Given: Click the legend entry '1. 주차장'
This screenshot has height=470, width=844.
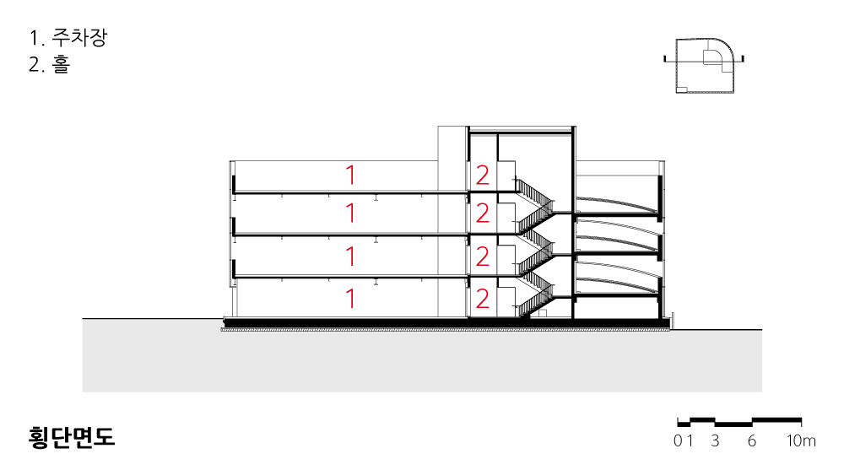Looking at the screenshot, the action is pos(68,38).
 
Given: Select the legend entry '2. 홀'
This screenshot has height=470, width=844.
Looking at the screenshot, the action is pos(50,65).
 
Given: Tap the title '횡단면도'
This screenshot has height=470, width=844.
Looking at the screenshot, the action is pos(72,437).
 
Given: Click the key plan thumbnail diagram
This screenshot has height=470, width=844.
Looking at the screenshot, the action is pos(704,65).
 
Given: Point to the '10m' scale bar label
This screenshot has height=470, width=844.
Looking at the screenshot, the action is pos(801,441).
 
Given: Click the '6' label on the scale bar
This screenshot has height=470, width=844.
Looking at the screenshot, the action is pos(752,441).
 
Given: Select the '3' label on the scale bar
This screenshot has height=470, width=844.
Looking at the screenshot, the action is pos(715,441).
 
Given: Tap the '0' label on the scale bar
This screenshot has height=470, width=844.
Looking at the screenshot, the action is pos(678,441).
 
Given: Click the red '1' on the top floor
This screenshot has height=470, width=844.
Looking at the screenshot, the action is pos(350,175).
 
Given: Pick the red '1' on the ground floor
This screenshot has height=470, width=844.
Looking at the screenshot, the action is pos(350,299).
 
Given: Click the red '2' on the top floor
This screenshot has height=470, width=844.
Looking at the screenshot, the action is pos(482,175).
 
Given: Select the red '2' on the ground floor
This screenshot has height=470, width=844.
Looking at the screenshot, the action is pos(482,299).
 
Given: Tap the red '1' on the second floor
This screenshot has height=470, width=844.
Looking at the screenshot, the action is pos(350,257).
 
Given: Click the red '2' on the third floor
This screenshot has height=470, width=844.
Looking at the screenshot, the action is pos(482,213).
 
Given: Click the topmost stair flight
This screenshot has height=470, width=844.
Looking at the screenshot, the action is pos(534,192).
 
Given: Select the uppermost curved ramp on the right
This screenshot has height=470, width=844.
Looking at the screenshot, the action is pos(618,203).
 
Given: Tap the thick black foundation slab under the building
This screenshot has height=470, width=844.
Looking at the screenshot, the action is pos(446,322).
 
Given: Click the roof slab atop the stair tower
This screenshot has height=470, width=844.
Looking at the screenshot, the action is pos(521,131).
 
